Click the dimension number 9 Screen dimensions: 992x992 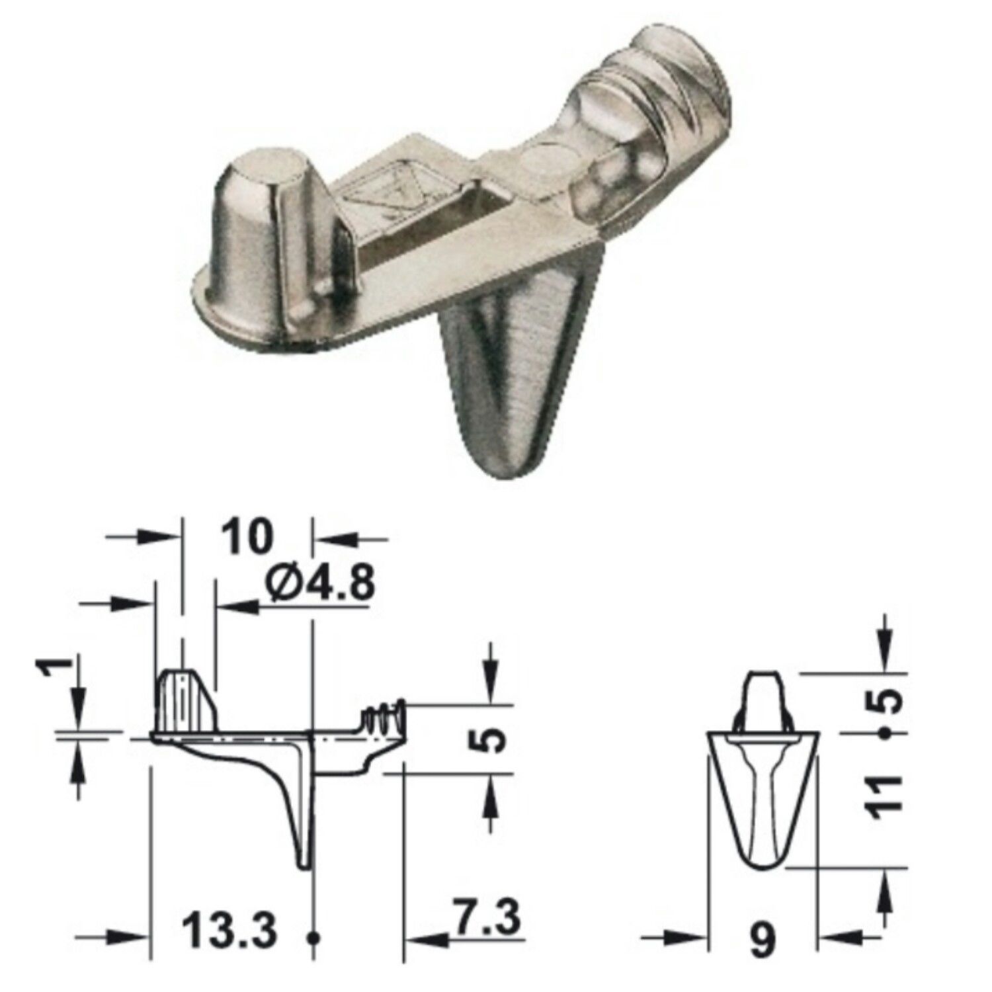pos(763,940)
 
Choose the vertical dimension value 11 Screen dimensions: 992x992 pos(886,798)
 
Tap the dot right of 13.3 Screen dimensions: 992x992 pos(314,937)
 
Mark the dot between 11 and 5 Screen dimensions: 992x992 pos(884,733)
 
